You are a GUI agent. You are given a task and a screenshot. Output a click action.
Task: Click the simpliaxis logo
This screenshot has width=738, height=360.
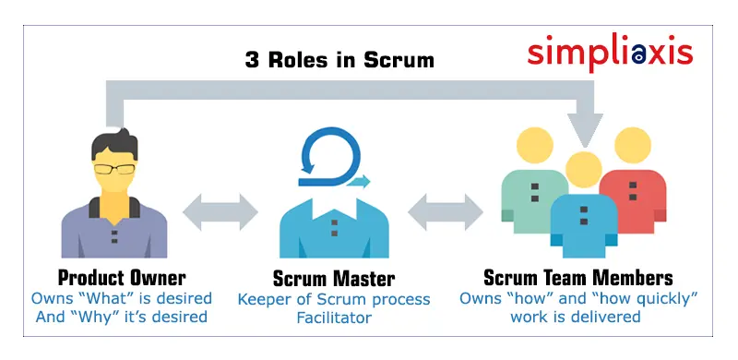pos(610,52)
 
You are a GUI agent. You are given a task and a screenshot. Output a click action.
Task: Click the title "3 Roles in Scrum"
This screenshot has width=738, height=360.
pos(339,60)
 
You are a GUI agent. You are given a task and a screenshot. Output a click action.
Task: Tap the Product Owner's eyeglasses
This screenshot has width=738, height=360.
pos(114,169)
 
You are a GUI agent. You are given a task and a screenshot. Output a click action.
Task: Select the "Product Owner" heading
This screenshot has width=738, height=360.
pos(121,278)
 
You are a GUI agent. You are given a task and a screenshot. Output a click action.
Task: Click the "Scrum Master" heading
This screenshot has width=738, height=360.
pos(333,278)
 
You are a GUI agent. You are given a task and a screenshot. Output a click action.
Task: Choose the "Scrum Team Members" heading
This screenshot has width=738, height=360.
pos(577,278)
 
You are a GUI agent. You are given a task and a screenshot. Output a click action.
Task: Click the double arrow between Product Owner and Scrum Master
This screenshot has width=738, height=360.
pos(220,211)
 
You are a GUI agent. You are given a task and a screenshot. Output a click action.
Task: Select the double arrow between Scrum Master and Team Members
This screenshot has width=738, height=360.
pos(445,211)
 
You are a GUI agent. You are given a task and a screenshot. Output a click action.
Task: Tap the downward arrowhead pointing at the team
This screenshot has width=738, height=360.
pos(584,129)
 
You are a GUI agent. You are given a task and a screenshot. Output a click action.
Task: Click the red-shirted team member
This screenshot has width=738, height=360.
pos(632,198)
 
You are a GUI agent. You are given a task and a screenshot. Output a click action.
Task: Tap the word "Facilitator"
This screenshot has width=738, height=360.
pos(333,318)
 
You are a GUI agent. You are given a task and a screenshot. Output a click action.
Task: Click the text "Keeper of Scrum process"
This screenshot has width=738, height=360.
pos(333,299)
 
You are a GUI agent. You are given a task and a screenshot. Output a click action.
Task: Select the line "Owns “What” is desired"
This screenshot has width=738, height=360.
pos(121,298)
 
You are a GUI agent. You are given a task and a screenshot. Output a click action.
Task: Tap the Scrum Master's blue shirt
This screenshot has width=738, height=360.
pos(333,226)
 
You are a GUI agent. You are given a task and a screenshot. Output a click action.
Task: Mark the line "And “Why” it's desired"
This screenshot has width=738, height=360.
pos(121,318)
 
